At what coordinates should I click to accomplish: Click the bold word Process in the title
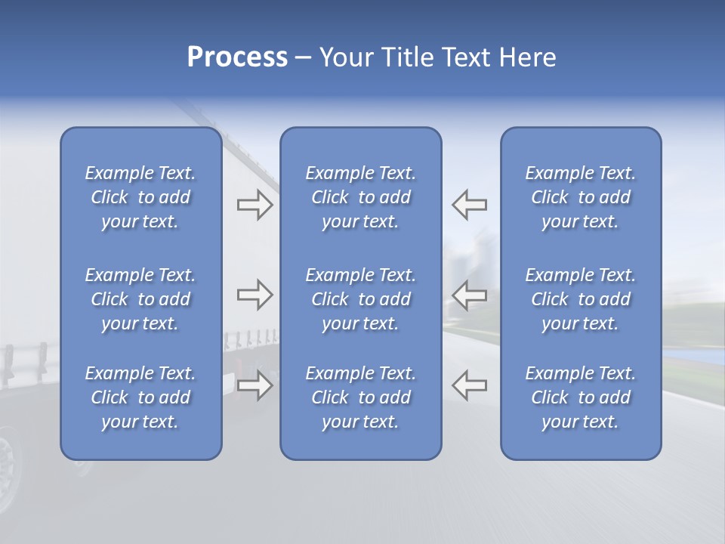(237, 57)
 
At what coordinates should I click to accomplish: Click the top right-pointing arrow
(255, 205)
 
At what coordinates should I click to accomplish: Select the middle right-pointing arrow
(255, 295)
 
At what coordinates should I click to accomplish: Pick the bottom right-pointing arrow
(255, 385)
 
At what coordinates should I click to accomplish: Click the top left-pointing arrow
(469, 205)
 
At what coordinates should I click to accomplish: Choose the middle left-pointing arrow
(469, 295)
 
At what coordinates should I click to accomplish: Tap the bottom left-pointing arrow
(469, 385)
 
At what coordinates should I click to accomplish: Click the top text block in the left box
(140, 197)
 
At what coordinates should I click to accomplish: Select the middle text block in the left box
(140, 299)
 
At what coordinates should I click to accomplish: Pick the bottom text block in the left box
(140, 397)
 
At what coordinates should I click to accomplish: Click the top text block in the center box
(360, 197)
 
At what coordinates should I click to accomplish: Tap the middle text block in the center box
(360, 299)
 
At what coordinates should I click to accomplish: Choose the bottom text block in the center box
(360, 397)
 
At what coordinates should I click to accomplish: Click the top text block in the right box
(581, 197)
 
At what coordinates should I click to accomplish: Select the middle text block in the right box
(581, 299)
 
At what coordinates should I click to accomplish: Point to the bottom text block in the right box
(581, 397)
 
